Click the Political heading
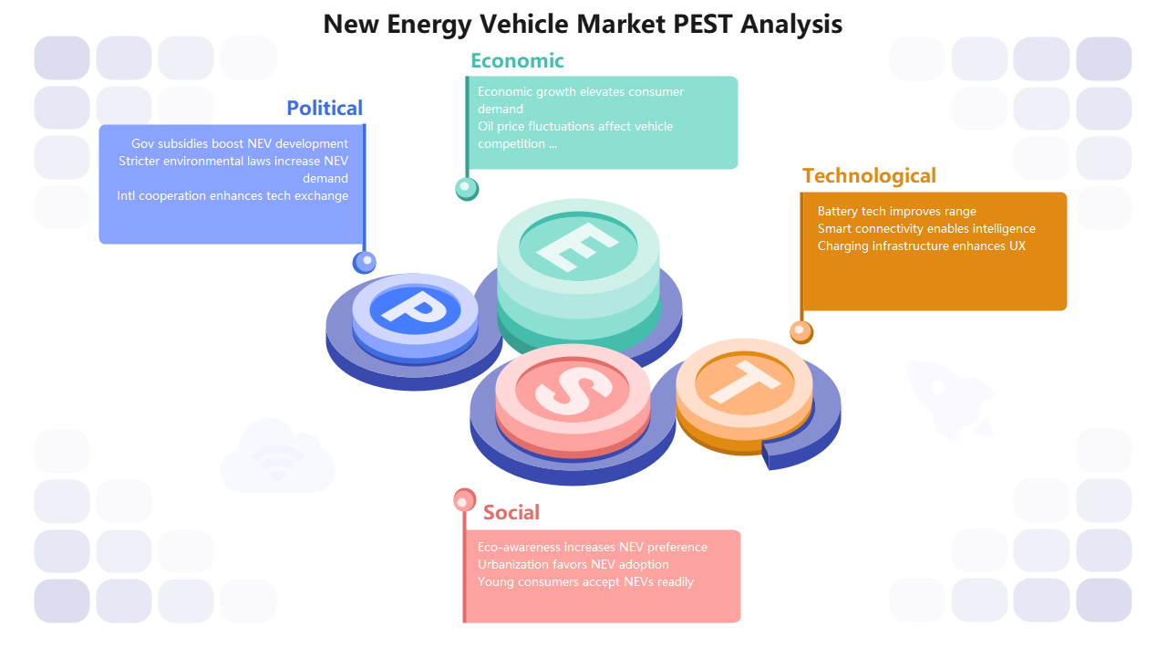325,108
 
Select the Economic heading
517,61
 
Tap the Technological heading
869,176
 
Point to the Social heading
511,513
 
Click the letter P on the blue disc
412,307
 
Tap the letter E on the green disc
577,245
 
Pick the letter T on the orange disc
744,380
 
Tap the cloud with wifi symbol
277,457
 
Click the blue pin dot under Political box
364,262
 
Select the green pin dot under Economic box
467,188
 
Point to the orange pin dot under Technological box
801,330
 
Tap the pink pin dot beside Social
465,500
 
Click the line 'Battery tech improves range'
896,212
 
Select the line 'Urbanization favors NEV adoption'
573,565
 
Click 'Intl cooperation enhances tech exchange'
232,196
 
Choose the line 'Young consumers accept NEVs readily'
585,582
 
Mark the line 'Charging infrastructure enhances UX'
921,246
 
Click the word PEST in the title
702,24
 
